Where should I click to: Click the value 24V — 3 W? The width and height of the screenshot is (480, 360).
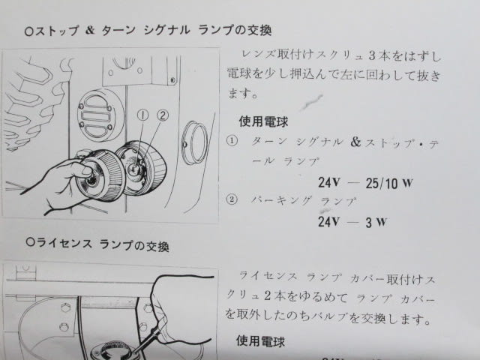point(352,221)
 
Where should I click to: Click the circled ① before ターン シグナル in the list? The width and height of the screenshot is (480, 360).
point(232,141)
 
